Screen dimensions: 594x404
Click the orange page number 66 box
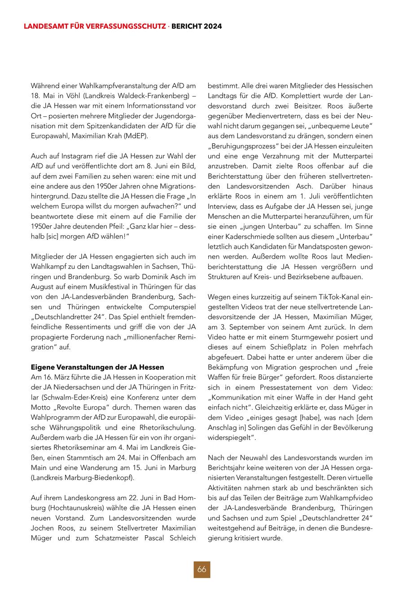click(202, 569)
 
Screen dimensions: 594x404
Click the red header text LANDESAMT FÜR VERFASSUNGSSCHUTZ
click(95, 26)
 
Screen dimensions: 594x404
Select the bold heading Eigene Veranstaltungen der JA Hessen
click(97, 367)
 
